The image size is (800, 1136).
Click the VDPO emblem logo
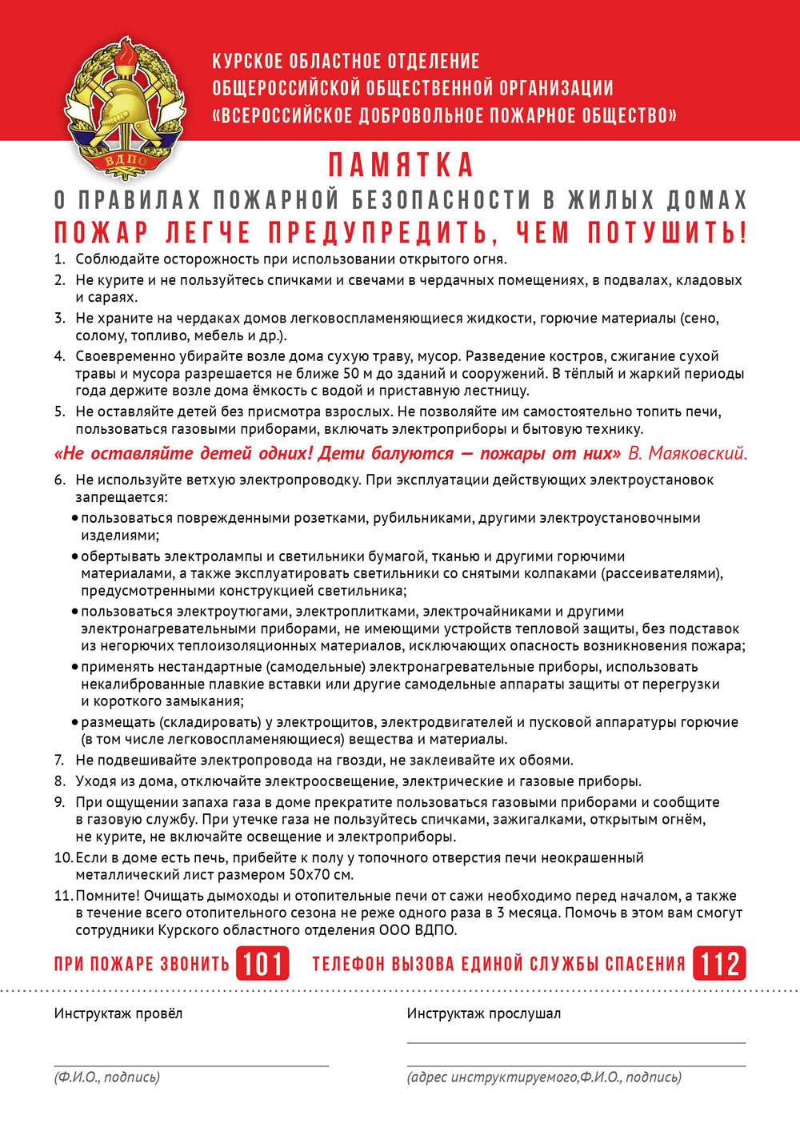[x=124, y=108]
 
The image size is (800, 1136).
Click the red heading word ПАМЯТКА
[x=401, y=165]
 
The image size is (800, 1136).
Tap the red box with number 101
[x=262, y=963]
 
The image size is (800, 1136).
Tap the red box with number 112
[x=719, y=963]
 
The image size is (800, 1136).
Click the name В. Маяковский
[x=687, y=453]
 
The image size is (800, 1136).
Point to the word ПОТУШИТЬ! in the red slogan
[x=667, y=232]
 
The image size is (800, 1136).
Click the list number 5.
[x=59, y=411]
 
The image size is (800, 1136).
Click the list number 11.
[x=63, y=895]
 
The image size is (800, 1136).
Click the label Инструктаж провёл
[x=118, y=1014]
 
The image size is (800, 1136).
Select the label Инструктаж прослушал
[x=483, y=1014]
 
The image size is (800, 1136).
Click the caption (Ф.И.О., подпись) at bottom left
[x=107, y=1077]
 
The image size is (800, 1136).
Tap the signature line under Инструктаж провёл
[x=192, y=1066]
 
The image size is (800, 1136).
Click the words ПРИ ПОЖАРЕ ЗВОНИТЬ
[x=142, y=963]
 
